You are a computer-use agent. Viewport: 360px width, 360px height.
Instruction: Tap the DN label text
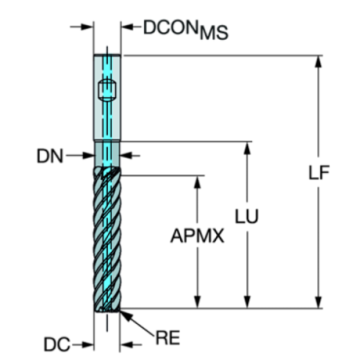click(50, 156)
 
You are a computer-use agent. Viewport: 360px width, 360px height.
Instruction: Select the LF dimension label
click(319, 173)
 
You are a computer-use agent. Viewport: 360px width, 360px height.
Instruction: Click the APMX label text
click(197, 237)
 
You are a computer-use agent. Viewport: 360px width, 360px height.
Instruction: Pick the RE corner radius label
click(168, 339)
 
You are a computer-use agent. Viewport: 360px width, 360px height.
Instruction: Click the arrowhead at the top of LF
click(318, 62)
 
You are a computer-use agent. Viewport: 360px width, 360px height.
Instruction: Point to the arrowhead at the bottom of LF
click(318, 301)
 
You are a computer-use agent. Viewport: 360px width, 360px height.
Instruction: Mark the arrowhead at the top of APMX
click(197, 181)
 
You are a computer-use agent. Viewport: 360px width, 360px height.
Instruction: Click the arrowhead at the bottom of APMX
click(197, 301)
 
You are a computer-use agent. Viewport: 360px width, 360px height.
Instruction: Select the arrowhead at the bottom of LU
click(248, 301)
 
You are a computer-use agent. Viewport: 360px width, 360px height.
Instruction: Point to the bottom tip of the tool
click(107, 313)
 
